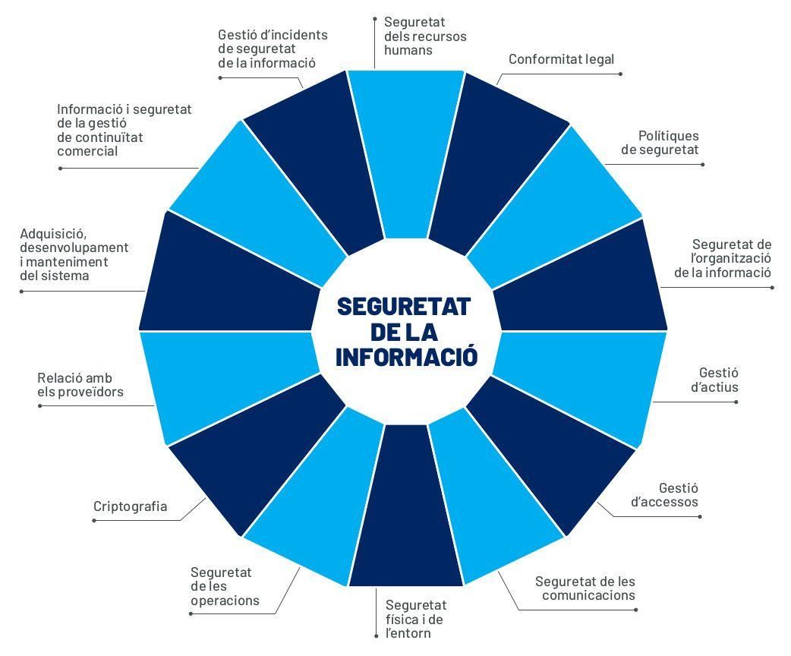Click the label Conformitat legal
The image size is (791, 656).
point(561,59)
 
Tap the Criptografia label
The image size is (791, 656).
point(130,506)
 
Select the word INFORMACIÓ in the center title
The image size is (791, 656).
point(406,357)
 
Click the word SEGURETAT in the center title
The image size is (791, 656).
point(404,306)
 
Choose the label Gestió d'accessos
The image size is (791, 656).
point(678,494)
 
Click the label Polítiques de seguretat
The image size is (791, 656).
point(660,143)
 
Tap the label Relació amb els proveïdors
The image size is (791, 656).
point(80,385)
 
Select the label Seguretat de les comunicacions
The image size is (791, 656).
point(585,588)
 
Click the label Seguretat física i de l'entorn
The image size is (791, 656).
point(415,619)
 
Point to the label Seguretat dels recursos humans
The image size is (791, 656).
point(425,36)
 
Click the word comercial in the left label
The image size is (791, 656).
point(87,151)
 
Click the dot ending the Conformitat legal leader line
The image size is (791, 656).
point(621,74)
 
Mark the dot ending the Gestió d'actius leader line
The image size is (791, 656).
point(736,402)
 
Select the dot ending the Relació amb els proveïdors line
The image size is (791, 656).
point(39,406)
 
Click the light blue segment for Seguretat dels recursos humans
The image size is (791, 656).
point(406,152)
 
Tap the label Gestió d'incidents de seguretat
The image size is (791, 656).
point(272,49)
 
